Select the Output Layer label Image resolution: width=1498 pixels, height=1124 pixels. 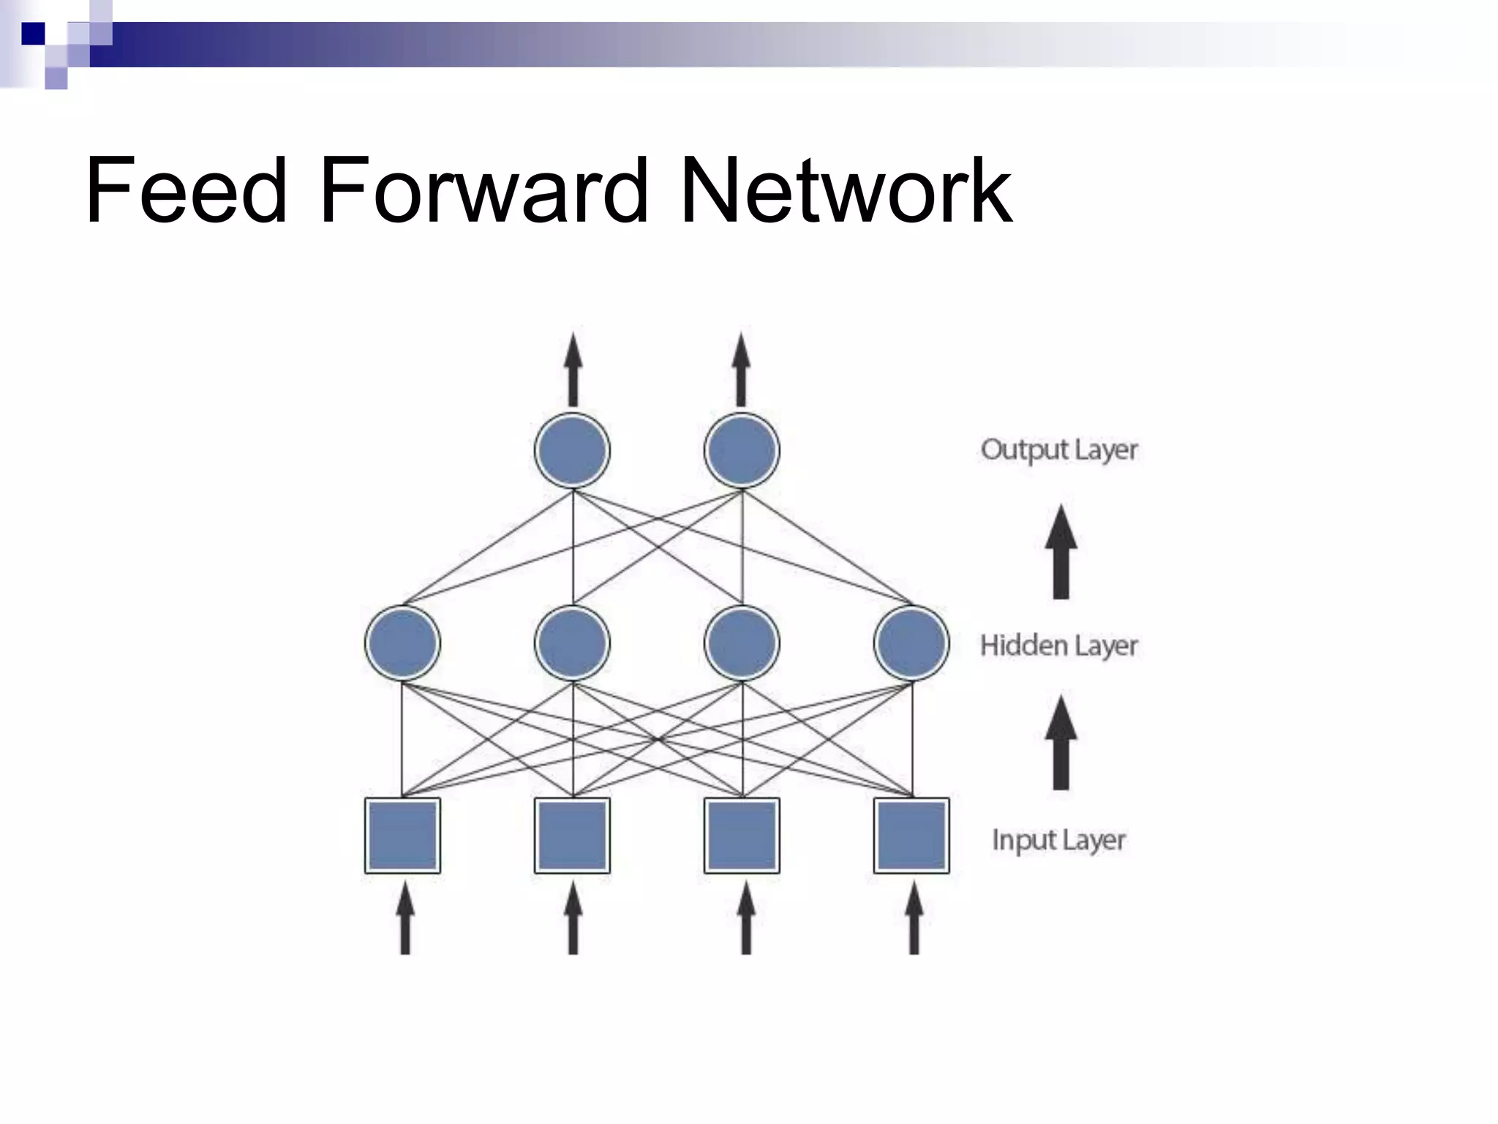(1058, 450)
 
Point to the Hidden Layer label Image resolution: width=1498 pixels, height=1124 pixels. (1058, 645)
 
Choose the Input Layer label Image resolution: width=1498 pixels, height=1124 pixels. (1058, 840)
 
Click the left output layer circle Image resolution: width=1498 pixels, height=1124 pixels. (573, 450)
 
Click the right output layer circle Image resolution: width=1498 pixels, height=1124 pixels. (742, 450)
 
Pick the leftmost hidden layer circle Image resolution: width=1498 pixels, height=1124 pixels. (402, 643)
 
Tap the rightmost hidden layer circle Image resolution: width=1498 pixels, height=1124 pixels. (911, 643)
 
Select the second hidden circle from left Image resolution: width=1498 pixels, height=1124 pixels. (573, 643)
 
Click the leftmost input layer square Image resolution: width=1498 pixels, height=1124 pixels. (402, 836)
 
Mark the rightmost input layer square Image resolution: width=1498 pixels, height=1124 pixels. (911, 836)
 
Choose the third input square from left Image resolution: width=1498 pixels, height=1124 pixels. (742, 836)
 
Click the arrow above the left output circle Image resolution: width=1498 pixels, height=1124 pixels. (573, 370)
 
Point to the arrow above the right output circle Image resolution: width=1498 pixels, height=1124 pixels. (742, 370)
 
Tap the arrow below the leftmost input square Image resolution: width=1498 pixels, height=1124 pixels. (404, 918)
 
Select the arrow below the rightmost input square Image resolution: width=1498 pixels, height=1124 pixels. (914, 918)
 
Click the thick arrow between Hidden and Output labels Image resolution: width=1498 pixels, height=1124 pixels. (1061, 552)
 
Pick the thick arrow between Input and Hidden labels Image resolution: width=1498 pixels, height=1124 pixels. (1061, 743)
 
